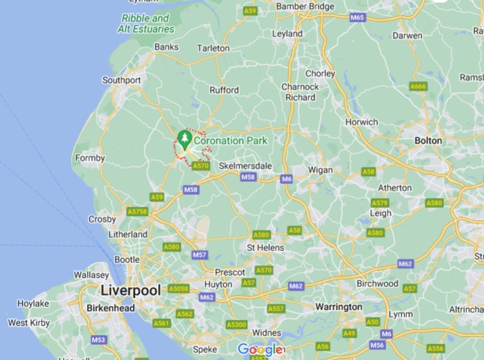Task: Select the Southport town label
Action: tap(121, 80)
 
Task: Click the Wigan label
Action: tap(320, 170)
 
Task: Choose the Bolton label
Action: tap(427, 141)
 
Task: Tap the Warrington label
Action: tap(338, 307)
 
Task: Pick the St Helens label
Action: tap(265, 248)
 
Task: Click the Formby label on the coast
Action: tap(90, 158)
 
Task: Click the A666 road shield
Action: tap(418, 86)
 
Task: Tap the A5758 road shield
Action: tap(137, 211)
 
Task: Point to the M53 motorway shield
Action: tap(98, 340)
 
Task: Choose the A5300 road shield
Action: tap(236, 325)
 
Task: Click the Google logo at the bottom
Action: tap(260, 349)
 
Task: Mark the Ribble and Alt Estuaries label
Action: tap(146, 24)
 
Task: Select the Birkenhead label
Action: tap(110, 308)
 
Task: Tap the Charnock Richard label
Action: tap(300, 92)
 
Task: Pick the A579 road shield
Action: tap(380, 203)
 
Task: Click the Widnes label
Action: tap(267, 333)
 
